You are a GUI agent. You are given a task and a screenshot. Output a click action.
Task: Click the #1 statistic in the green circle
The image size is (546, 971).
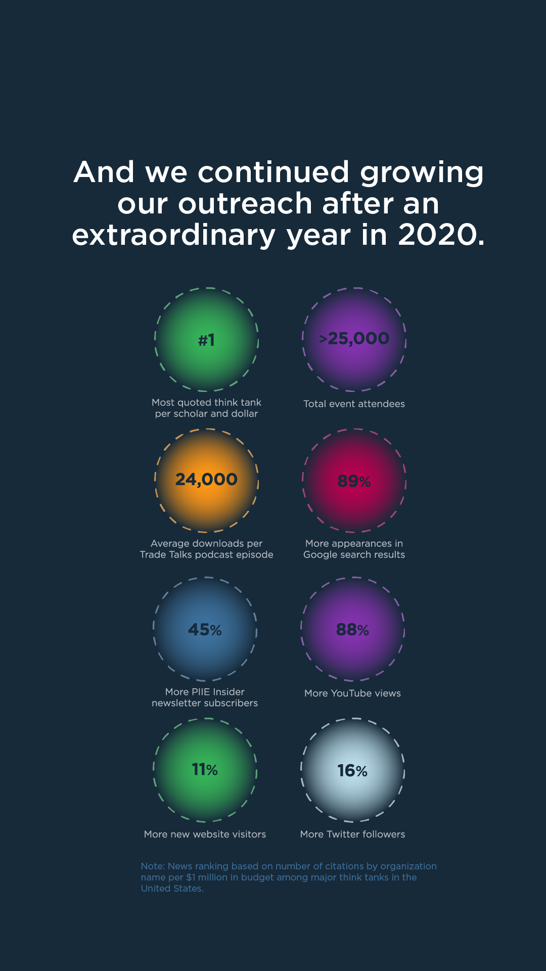pos(206,340)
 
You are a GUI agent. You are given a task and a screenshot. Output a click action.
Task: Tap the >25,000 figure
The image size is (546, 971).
pos(354,338)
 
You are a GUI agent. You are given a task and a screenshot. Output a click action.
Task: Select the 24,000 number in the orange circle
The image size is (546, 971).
pos(206,479)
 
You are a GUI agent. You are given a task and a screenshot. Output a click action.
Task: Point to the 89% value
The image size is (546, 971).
pos(354,481)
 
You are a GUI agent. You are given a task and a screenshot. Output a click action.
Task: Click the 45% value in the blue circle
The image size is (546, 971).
pos(205,630)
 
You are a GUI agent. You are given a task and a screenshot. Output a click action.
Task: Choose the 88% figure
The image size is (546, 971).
pos(352,630)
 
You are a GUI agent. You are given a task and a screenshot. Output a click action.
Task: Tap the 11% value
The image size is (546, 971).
pos(205,770)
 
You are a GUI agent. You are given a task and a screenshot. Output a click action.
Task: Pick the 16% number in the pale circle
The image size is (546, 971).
pos(352,771)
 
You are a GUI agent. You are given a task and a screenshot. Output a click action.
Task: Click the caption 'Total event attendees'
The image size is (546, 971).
pos(354,404)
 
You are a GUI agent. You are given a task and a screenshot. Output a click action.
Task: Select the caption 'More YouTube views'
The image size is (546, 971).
pos(352,693)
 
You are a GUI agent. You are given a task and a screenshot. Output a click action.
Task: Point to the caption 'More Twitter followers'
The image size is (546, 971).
pos(352,834)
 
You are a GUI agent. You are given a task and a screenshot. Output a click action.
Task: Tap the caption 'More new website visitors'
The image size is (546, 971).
pos(205,834)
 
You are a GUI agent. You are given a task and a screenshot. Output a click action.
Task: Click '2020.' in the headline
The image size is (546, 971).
pos(441,235)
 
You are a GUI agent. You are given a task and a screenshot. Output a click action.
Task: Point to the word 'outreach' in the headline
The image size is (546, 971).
pos(245,204)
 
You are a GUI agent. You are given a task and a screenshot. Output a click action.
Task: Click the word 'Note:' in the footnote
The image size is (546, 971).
pos(153,866)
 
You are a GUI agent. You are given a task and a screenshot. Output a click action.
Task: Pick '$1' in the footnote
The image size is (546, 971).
pos(191,877)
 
